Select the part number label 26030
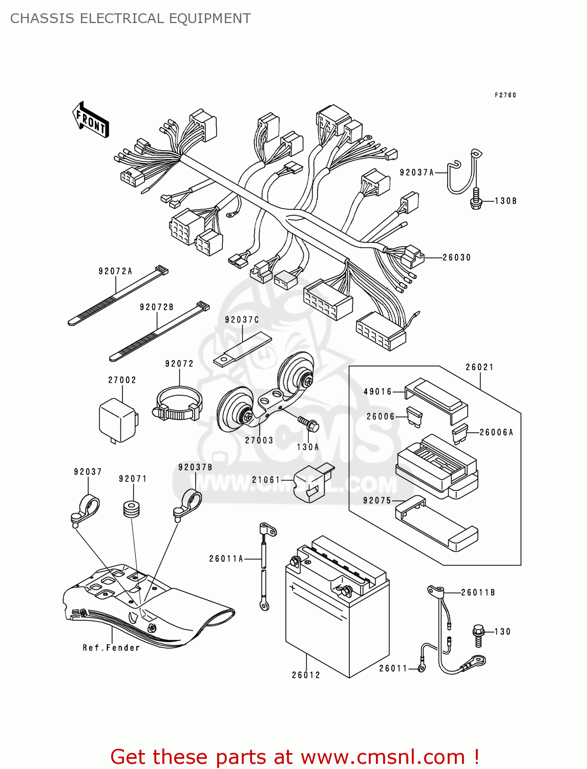456,257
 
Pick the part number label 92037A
416,173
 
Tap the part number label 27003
259,440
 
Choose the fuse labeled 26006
414,417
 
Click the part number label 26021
479,367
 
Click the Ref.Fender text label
111,648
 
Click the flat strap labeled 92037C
242,349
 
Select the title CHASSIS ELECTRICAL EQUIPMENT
131,18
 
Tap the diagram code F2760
505,95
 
